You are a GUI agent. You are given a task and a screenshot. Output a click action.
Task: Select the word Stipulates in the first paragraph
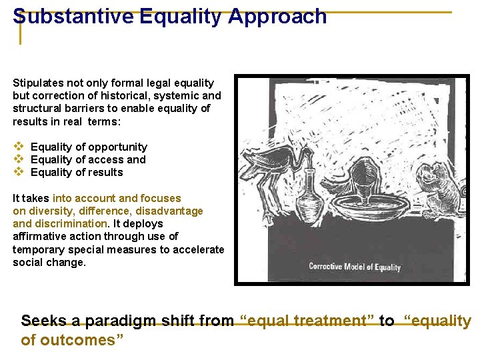pyautogui.click(x=38, y=83)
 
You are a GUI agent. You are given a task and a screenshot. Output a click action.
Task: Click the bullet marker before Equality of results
pyautogui.click(x=19, y=172)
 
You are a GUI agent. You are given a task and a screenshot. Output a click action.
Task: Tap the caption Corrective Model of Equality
pyautogui.click(x=354, y=267)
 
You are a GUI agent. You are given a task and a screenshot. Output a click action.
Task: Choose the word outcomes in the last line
pyautogui.click(x=80, y=341)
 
